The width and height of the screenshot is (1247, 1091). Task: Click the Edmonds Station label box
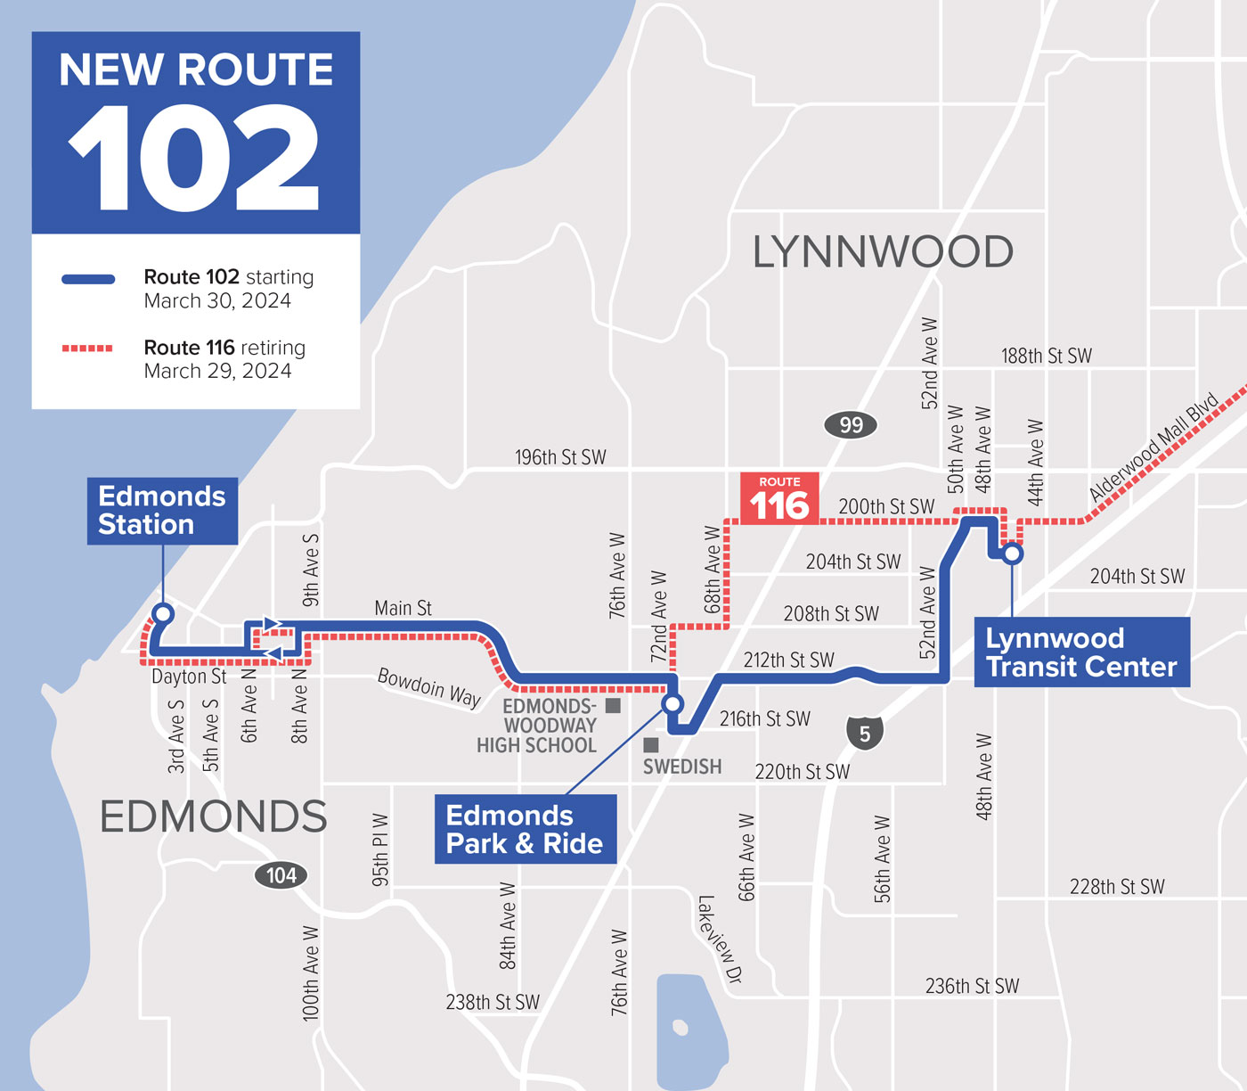(x=162, y=511)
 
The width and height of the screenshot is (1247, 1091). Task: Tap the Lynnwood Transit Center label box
(x=1081, y=652)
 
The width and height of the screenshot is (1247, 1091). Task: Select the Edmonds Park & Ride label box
(x=525, y=829)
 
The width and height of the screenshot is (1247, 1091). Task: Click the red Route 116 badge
(x=779, y=499)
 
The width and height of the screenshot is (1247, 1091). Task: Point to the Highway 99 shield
(x=851, y=425)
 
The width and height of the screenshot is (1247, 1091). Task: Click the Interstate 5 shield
(x=864, y=734)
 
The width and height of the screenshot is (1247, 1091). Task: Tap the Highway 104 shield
(x=281, y=875)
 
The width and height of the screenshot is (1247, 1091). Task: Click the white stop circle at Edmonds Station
(x=163, y=613)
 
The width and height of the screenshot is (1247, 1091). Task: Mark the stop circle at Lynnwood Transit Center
(x=1012, y=554)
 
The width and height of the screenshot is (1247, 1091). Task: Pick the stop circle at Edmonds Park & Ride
(x=672, y=704)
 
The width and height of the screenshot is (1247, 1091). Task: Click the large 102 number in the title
(x=195, y=159)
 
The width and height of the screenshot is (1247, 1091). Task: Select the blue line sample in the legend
(x=88, y=279)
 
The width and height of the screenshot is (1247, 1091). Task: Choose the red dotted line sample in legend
(x=88, y=349)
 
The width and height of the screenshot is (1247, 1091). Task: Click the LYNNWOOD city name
(x=883, y=252)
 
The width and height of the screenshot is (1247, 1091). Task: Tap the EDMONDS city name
(x=213, y=816)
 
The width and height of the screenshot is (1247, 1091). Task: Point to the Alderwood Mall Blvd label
(x=1153, y=447)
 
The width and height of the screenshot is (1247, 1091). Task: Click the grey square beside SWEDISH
(x=651, y=744)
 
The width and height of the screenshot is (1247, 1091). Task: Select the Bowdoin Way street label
(x=429, y=686)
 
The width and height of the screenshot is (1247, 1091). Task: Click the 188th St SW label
(x=1046, y=357)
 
